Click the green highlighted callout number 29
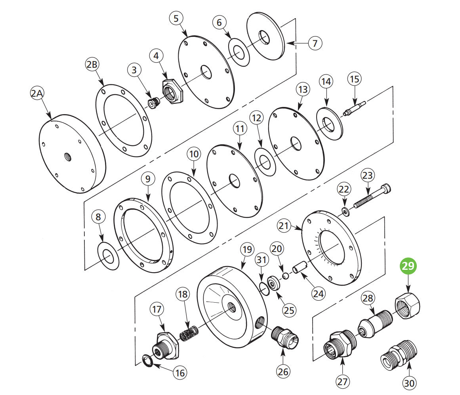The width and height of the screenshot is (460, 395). pos(408,266)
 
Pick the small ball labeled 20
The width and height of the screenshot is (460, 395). pos(284,275)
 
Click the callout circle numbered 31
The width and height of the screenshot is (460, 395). pos(260,260)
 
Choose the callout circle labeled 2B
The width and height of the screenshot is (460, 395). pos(92,65)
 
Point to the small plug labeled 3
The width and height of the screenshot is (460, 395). pos(153,103)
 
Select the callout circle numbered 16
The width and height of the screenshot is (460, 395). pos(179,373)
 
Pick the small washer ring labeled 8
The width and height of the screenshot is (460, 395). pos(108,257)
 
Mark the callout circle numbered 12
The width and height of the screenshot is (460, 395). pos(256,118)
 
